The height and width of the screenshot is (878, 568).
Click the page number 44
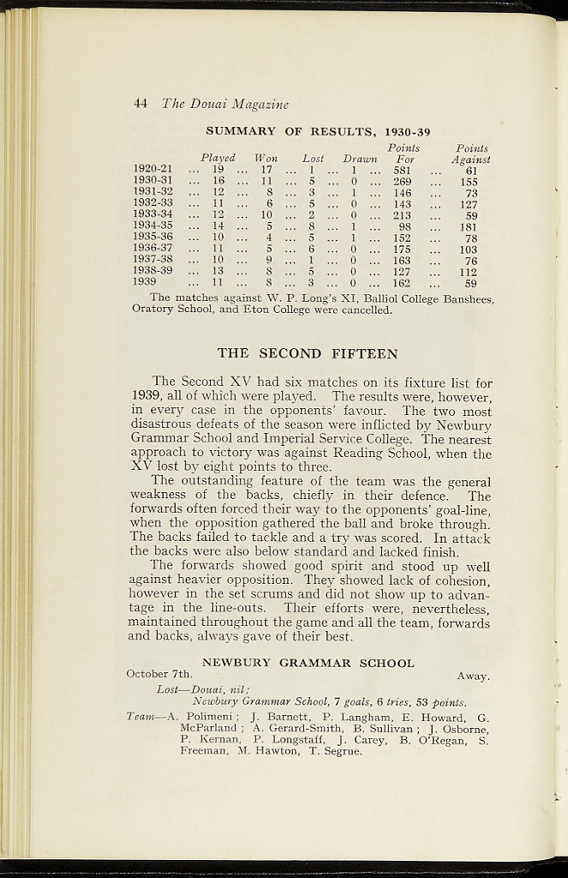[141, 104]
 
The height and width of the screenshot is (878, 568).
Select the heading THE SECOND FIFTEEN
[307, 352]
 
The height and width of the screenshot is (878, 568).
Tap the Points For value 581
[402, 171]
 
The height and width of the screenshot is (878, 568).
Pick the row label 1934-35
[153, 226]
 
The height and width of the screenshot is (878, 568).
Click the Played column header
[218, 159]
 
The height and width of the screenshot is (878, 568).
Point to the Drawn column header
[360, 159]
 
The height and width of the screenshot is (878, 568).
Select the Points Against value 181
[470, 226]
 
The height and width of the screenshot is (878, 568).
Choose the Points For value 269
[402, 182]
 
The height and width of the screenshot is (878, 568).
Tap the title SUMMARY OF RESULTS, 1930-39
[318, 131]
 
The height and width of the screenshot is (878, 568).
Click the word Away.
[474, 676]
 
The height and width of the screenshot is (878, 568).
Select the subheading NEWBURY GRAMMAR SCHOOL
[308, 663]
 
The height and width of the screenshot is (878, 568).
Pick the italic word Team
[141, 717]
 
